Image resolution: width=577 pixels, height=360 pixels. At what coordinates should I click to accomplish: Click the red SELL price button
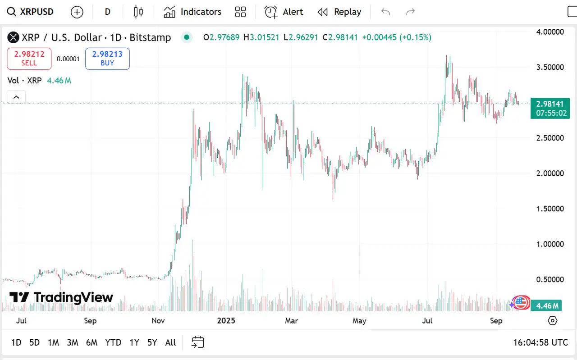[29, 59]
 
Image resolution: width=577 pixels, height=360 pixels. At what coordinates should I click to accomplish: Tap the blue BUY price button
[107, 59]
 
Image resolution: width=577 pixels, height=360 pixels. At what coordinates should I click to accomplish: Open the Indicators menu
[192, 12]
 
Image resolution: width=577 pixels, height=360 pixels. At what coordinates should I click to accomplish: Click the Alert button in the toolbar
[284, 12]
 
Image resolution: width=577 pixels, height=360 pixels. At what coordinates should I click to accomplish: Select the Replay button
[339, 12]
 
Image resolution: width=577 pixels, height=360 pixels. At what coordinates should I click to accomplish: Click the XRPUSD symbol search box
[31, 12]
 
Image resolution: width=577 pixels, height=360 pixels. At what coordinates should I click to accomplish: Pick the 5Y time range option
[152, 342]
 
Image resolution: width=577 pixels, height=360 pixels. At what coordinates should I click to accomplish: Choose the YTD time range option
[113, 342]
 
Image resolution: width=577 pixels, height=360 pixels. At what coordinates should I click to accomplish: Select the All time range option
[170, 342]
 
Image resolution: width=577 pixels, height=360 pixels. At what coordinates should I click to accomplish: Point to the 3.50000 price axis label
[550, 67]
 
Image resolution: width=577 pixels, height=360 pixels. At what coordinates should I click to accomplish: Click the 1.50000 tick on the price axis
[550, 209]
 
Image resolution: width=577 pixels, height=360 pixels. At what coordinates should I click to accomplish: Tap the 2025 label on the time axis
[226, 321]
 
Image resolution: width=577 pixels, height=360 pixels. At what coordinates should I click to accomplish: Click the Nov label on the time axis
[158, 321]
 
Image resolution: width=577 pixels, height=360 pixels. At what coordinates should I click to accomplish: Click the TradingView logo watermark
[61, 297]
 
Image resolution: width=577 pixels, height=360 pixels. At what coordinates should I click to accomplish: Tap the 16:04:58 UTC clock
[540, 342]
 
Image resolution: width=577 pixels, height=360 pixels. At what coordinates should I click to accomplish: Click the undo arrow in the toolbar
[385, 12]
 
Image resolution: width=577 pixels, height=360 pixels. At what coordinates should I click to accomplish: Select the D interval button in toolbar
[107, 12]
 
